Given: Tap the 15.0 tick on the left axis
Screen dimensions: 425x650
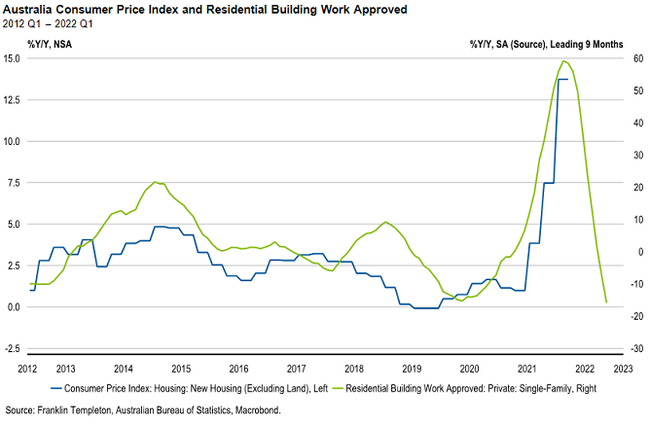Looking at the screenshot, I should click(x=12, y=58).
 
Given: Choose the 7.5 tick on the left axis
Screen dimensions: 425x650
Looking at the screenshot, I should click(x=14, y=183).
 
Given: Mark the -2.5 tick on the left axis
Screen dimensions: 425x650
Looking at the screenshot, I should click(x=12, y=348).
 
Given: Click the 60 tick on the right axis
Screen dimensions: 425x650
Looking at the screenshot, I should click(x=631, y=58).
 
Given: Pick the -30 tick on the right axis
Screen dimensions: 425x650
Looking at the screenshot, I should click(x=632, y=348).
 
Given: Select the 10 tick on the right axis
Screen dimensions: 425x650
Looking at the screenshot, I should click(x=631, y=220).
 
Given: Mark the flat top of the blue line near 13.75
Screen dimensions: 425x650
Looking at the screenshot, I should click(x=561, y=79).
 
